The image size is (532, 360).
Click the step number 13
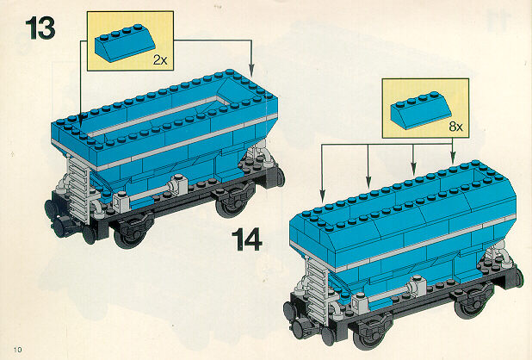point(40,28)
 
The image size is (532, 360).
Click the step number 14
point(247,239)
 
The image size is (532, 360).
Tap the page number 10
point(17,349)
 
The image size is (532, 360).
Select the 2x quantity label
point(160,60)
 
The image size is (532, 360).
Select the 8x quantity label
point(455,127)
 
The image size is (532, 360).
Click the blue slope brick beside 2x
point(125,42)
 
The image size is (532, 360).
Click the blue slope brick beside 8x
point(421,109)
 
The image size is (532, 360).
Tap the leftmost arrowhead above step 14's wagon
point(322,195)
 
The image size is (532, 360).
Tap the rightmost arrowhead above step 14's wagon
point(452,158)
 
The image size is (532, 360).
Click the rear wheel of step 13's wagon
point(232,202)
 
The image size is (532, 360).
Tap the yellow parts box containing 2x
point(130,40)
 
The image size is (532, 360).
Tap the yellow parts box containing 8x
point(425,109)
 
